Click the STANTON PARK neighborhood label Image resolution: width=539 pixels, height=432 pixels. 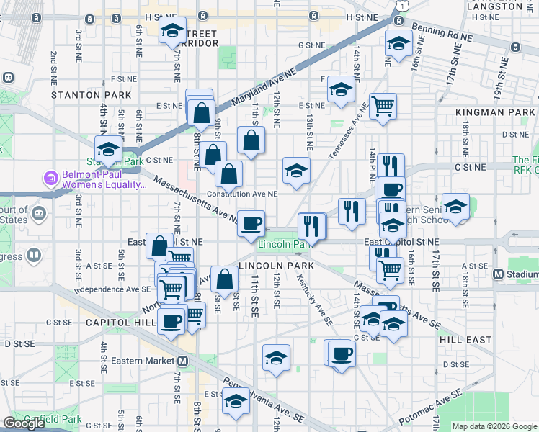[x=92, y=95]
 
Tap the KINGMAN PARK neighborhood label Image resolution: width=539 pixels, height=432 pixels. [x=495, y=112]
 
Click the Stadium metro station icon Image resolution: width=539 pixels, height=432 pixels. [x=497, y=274]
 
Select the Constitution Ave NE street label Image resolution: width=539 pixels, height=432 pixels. [x=241, y=194]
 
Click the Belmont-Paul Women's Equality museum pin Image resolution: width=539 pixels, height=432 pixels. [x=50, y=177]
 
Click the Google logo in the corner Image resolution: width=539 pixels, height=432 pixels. [x=24, y=423]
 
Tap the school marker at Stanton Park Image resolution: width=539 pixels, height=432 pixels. [x=108, y=150]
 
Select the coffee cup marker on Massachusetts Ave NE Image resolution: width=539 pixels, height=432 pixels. [x=251, y=222]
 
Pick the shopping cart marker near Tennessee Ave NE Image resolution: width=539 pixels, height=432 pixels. [x=383, y=106]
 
